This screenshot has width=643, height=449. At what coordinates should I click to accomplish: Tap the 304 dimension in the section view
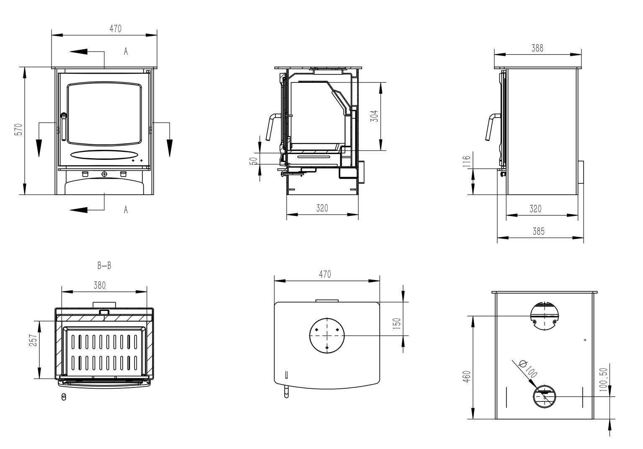375,115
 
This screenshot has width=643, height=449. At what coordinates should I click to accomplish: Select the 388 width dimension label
537,48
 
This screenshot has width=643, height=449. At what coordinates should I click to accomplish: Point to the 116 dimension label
467,161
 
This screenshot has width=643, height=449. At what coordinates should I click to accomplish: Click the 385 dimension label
539,231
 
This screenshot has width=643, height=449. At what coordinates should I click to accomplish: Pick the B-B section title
104,265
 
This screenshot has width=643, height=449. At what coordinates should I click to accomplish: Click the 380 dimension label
100,285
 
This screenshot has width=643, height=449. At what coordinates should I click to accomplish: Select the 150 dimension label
397,323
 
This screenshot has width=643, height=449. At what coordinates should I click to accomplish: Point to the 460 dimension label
467,375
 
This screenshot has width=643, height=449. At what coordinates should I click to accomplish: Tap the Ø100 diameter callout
527,368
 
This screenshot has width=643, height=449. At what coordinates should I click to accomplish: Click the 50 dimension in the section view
253,161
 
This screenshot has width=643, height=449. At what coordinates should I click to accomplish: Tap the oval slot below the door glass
103,154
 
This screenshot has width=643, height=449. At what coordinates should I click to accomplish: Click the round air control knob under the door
104,174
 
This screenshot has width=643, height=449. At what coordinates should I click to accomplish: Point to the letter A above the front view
126,51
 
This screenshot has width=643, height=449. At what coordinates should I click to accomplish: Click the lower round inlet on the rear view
544,396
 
